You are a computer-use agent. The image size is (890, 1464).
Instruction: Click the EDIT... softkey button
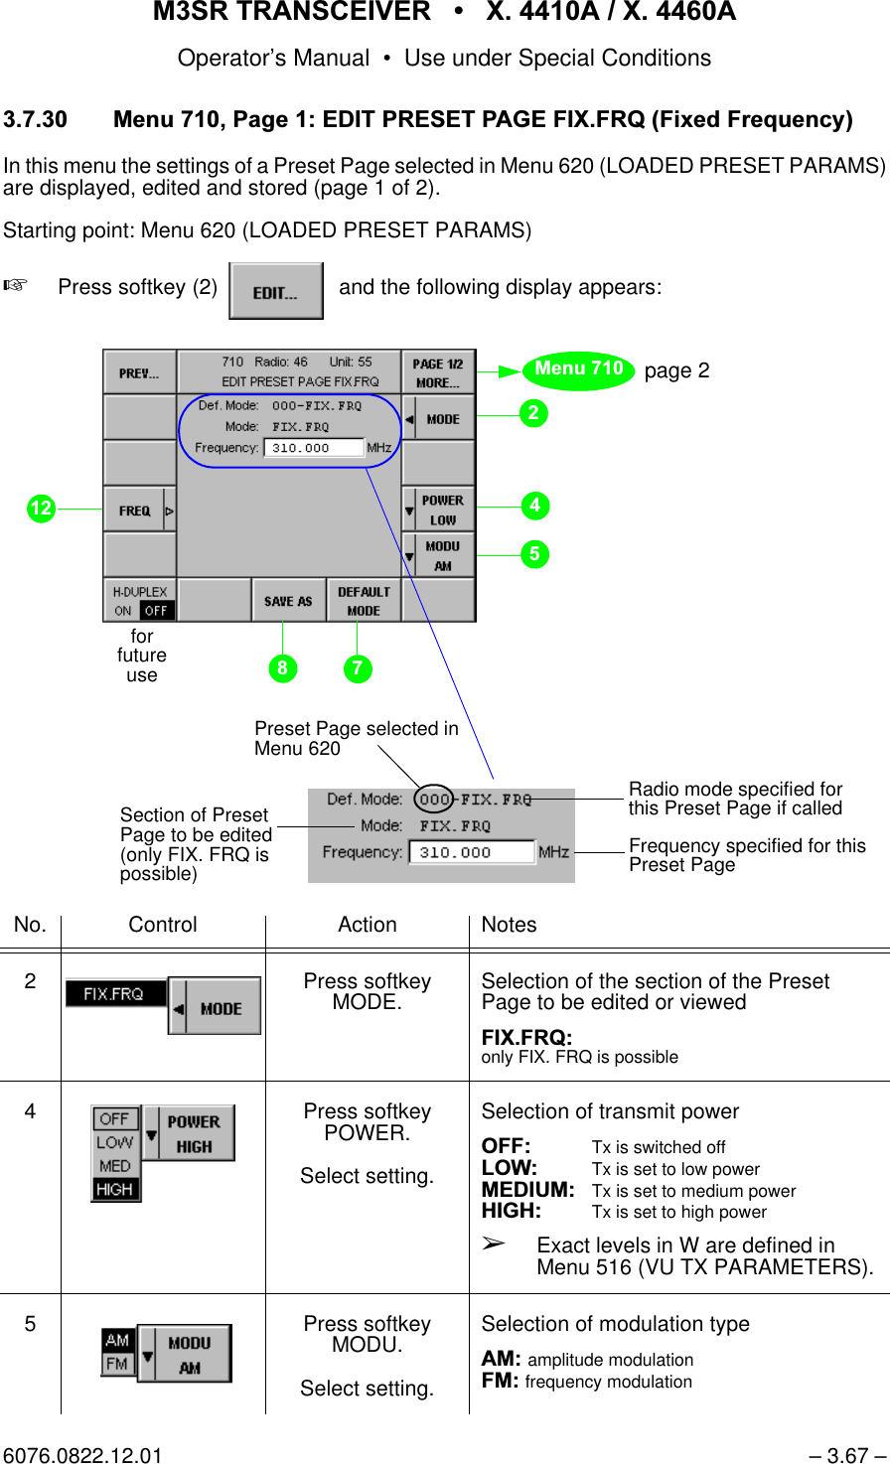coord(275,291)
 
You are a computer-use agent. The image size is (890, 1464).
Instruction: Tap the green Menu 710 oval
coord(579,369)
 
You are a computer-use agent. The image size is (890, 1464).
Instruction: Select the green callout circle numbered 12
coord(41,509)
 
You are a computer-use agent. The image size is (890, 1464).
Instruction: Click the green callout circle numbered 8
coord(282,668)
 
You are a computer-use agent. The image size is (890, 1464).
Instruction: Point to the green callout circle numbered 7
coord(358,668)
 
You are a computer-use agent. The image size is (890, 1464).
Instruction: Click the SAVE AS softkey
coord(288,601)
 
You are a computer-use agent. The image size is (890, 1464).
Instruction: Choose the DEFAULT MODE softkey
coord(364,601)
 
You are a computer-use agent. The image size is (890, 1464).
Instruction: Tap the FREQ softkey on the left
coord(139,511)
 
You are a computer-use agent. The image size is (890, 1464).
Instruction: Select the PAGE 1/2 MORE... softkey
coord(438,372)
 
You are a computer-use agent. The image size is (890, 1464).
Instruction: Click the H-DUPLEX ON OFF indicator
coord(140,601)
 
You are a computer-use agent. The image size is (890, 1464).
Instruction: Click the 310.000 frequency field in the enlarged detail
coord(470,852)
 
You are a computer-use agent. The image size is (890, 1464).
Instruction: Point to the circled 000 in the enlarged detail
coord(434,799)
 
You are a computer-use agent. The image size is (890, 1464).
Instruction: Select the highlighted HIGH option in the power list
coord(115,1189)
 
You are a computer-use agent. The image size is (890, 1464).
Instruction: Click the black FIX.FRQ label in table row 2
coord(114,993)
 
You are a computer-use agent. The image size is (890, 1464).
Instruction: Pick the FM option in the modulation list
coord(117,1364)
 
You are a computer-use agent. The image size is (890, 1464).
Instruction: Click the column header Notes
coord(509,925)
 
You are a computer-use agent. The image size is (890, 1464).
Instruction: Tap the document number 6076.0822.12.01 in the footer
coord(82,1455)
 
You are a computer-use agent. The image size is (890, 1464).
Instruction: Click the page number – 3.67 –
coord(846,1455)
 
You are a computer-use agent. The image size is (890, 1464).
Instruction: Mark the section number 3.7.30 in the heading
coord(36,120)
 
